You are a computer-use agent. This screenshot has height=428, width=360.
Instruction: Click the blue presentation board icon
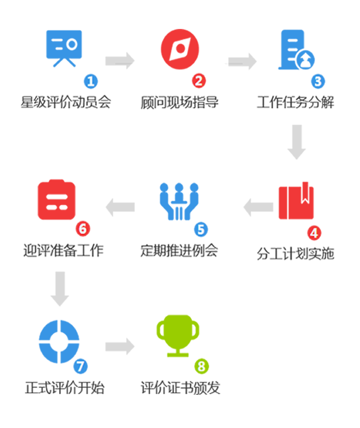pos(63,48)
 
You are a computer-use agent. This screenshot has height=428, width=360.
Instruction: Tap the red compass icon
pos(180,48)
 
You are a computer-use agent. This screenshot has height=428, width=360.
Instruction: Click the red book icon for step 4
pos(296,201)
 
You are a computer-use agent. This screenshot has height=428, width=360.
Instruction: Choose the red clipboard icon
pos(57,200)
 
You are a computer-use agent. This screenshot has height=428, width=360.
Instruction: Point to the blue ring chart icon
pos(58,341)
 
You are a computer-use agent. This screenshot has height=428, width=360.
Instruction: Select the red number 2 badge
pos(199,81)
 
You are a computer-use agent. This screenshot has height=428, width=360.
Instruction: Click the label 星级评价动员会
pos(65,102)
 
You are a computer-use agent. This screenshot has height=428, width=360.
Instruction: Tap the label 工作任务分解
pos(295,102)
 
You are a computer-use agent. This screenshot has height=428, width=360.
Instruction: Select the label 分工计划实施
pos(295,254)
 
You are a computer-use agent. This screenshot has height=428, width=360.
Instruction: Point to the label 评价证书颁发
pos(180,388)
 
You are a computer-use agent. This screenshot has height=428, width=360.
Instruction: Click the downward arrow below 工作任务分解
pos(296,141)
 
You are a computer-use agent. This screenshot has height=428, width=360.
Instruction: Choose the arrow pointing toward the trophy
pos(120,346)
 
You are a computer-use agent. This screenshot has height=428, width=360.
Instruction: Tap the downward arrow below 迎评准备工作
pos(60,288)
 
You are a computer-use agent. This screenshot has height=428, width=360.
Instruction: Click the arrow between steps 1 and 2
pos(120,61)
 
